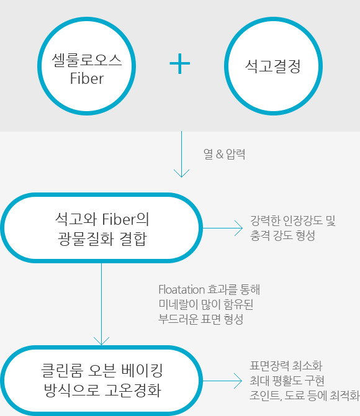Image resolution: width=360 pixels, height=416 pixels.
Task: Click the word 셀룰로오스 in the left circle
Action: point(87,60)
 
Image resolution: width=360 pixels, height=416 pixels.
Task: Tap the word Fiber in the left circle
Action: point(87,78)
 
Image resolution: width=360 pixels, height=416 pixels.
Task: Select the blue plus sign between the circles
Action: point(180,63)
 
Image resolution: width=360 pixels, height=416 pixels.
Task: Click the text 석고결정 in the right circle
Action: point(273,66)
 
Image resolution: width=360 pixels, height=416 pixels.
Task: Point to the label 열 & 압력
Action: point(225,154)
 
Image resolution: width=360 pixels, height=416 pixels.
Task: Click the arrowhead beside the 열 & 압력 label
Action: point(181,173)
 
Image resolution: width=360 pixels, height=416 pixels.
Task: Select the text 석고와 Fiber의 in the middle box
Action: point(102,219)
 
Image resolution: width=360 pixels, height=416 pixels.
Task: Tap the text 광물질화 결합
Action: point(102,238)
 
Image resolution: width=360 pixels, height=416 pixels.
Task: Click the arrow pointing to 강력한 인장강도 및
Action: point(223,228)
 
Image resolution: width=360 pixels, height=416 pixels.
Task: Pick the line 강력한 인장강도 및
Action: point(293,220)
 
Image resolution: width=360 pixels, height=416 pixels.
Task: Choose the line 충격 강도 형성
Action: point(283,235)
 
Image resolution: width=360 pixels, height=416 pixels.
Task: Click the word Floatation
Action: point(182,289)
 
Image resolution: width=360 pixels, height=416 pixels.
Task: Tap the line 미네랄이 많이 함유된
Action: point(206,304)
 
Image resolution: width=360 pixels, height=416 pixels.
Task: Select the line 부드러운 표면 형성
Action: point(201,319)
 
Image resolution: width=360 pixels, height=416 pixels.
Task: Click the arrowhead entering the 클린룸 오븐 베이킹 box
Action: point(101,341)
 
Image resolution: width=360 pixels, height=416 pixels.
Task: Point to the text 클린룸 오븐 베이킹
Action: point(102,371)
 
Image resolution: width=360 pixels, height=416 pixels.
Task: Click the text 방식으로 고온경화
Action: point(102,390)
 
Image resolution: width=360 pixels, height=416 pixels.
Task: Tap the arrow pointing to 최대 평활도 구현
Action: point(222,381)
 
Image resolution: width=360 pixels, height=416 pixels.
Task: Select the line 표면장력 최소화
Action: point(286,366)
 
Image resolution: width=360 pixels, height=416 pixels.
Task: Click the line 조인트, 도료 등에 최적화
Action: point(305,396)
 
